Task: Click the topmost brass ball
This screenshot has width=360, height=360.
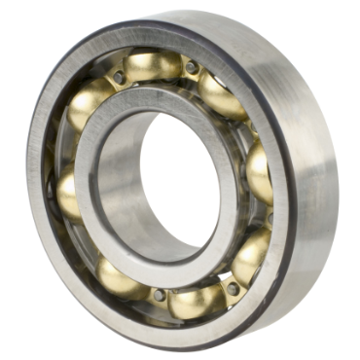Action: [153, 66]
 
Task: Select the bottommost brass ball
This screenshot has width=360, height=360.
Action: [196, 301]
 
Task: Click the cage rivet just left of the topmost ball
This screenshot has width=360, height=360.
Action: [119, 76]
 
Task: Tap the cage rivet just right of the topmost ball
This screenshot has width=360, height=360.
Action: [193, 67]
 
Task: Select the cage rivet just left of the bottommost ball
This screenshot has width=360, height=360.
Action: [159, 294]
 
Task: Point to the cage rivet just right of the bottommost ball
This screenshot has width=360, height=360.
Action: [232, 288]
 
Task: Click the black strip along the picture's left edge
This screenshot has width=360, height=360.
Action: [7, 180]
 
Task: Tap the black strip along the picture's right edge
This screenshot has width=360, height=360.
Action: [352, 180]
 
